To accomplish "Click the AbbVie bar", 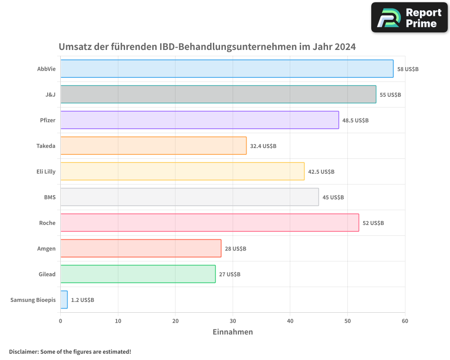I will (x=227, y=69).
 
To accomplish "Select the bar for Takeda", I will (x=153, y=146).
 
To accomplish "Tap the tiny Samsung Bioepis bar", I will (x=64, y=300).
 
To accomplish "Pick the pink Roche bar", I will (x=210, y=223).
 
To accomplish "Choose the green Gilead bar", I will (x=138, y=274).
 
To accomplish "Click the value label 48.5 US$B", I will (x=355, y=120).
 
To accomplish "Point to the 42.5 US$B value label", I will (x=321, y=171).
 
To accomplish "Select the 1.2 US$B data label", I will (x=82, y=300).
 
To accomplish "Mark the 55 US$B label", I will (x=390, y=94).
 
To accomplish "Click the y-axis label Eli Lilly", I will (x=46, y=171).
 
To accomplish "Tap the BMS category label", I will (x=50, y=197).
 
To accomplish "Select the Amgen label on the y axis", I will (x=46, y=248).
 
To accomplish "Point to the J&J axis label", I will (x=50, y=94).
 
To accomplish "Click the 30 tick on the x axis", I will (x=233, y=321).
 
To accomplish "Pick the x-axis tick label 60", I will (x=405, y=321).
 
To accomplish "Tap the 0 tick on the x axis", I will (x=61, y=321).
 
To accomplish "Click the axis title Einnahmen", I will (x=233, y=332).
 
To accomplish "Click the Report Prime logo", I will (x=409, y=18).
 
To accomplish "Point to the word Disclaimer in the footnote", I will (x=23, y=351).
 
